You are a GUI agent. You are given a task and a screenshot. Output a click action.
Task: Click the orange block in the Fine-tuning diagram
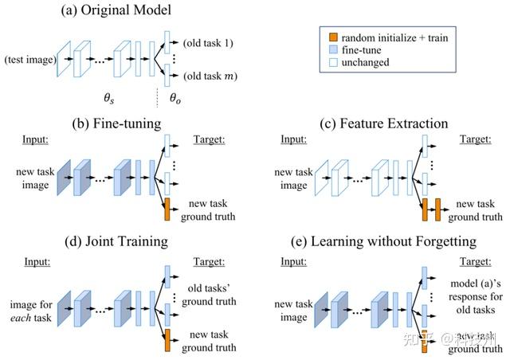tap(167, 212)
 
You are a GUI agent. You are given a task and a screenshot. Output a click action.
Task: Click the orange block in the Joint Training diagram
tap(167, 338)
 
